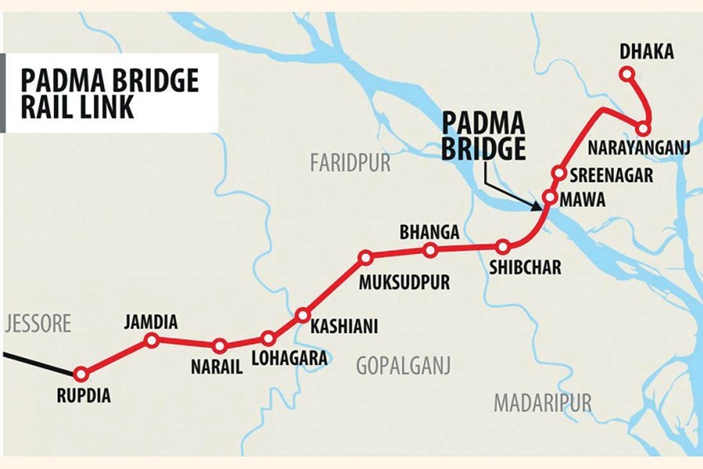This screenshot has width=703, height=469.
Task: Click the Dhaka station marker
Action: [x=626, y=74]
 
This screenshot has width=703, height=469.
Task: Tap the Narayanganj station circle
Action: [x=643, y=128]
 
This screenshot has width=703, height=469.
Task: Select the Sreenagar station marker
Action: [x=558, y=173]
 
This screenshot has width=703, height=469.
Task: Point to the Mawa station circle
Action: [x=549, y=198]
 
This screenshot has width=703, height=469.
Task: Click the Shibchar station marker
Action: [x=504, y=247]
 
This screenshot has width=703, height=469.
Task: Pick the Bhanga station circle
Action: [x=430, y=250]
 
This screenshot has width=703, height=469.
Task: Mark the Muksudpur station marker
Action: [x=365, y=257]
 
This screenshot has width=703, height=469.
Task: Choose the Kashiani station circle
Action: [x=303, y=316]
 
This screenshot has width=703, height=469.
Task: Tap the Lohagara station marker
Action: [x=269, y=338]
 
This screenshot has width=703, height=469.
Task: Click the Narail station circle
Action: [x=219, y=345]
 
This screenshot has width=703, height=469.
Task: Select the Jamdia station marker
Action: [x=152, y=340]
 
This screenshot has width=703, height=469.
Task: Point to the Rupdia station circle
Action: [x=80, y=374]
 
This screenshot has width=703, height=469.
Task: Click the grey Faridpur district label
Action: [x=350, y=163]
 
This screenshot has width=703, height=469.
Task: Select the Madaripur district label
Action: [x=542, y=403]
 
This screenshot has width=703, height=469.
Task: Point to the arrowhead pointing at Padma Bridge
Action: [x=537, y=206]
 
